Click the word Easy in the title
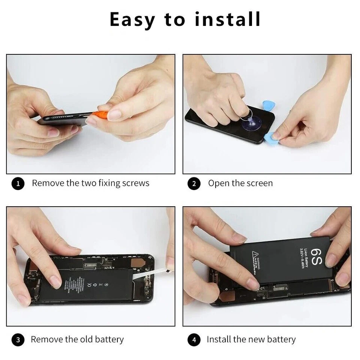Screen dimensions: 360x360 point(132,19)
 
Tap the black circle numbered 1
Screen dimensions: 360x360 point(18,184)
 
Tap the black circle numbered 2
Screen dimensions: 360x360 point(194,184)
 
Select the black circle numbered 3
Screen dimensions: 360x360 point(18,340)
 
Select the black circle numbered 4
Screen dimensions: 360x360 point(194,340)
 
